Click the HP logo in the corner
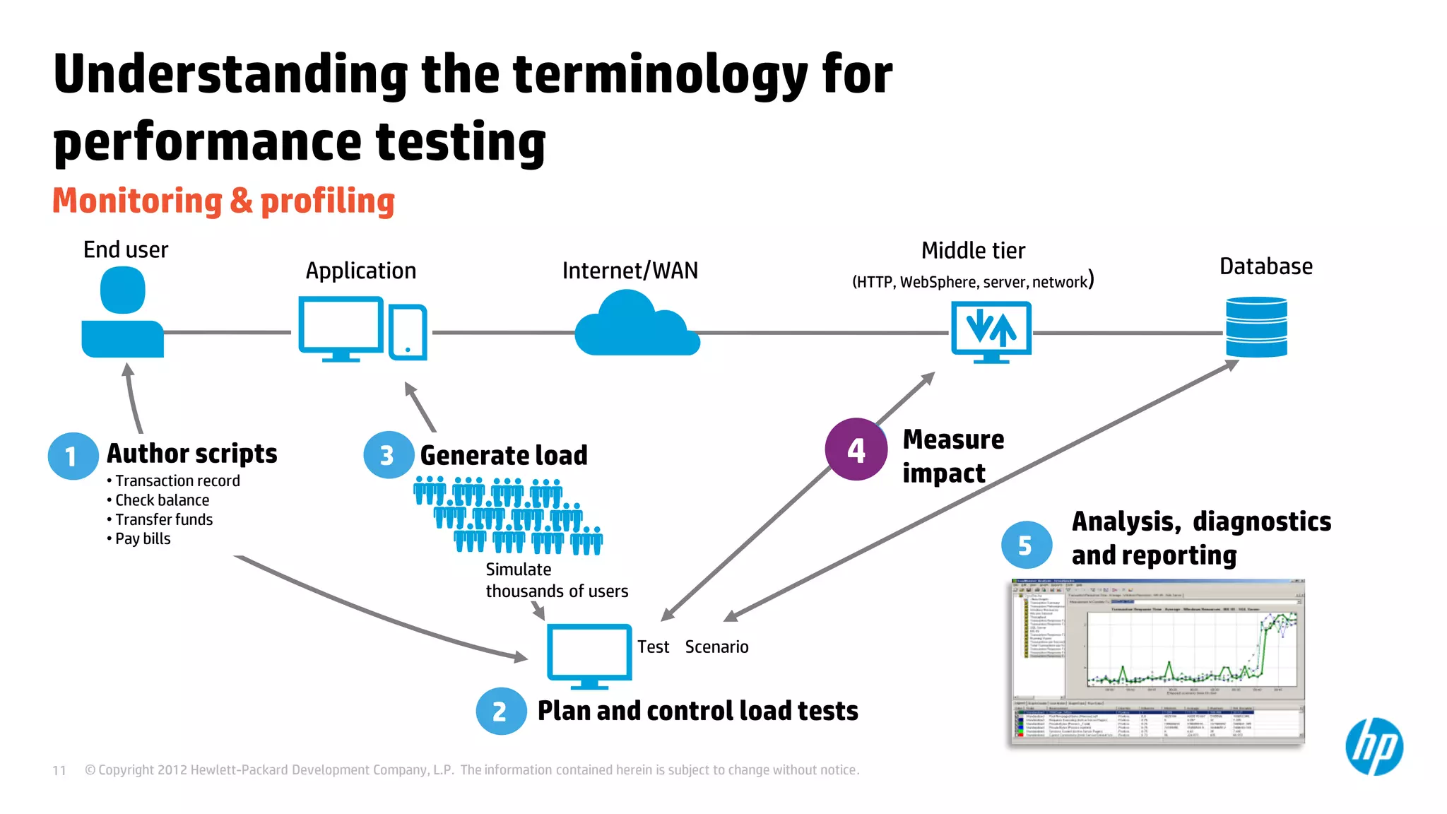click(1374, 746)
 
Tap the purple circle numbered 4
click(856, 449)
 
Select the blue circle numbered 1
click(72, 456)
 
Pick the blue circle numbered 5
click(1026, 545)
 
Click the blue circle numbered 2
click(500, 711)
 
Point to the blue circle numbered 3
click(388, 455)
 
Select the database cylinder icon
click(1256, 327)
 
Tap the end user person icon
click(122, 315)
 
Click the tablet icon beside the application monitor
click(408, 332)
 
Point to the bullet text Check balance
click(162, 500)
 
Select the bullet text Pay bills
click(143, 539)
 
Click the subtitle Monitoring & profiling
click(223, 201)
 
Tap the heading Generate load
click(503, 455)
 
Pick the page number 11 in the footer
click(59, 770)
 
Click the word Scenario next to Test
click(716, 647)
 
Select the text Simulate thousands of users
click(556, 580)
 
